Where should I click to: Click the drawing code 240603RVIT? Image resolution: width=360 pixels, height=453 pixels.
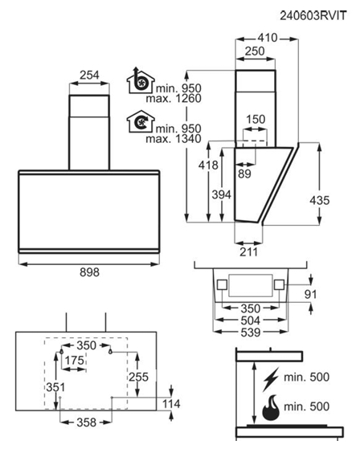coord(313,15)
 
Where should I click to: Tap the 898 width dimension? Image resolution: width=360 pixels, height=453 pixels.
coord(89,272)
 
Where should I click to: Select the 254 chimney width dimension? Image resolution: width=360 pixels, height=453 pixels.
coord(89,75)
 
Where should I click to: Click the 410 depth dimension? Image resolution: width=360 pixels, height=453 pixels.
coord(268,38)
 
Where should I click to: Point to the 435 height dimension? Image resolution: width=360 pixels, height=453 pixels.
coord(319,200)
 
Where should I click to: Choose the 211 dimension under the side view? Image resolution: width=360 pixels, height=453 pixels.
coord(248,252)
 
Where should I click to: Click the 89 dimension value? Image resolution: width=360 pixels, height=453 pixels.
coord(244,174)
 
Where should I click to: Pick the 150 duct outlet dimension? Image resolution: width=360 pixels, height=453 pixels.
coord(256,120)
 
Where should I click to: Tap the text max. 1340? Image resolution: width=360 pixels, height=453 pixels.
coord(174,139)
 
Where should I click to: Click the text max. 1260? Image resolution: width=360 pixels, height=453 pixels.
coord(174,99)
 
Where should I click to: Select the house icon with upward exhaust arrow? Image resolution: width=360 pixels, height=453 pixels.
coord(141,80)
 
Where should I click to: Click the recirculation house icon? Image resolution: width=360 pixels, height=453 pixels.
coord(141,121)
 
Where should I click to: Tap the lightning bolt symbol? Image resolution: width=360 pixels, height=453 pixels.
coord(271,379)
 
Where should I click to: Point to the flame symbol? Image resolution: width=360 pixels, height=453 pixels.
coord(271,408)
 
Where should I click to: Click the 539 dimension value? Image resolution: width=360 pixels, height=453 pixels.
coord(251,333)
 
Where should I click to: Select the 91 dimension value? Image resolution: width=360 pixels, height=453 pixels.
coord(311,295)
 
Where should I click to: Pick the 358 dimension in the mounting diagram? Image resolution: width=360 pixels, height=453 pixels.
coord(86,422)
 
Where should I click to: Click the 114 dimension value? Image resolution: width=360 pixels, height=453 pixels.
coord(171,404)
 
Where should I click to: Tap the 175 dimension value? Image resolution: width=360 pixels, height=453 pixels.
coord(74,361)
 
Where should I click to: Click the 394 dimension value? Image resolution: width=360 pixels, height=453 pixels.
coord(222,194)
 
